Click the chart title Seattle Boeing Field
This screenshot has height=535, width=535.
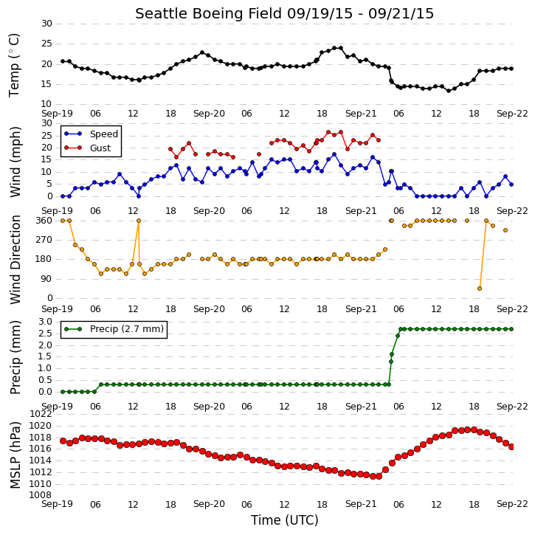coord(209,13)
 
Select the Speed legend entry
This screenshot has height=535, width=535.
coord(92,134)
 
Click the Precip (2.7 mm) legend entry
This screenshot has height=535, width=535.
coord(114,329)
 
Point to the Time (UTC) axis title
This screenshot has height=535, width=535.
coord(285,520)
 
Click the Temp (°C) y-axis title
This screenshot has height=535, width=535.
coord(14,65)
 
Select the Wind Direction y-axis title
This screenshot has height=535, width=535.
coord(15,259)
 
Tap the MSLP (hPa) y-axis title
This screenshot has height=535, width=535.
coord(15,455)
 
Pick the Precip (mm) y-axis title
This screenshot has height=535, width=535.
coord(15,357)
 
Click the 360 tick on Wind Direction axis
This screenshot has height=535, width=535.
coord(44,221)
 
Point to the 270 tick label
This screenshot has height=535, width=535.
coord(44,240)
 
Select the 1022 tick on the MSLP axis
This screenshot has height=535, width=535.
coord(41,414)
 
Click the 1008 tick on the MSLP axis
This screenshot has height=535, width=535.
coord(41,494)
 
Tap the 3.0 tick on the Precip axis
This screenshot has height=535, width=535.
coord(45,322)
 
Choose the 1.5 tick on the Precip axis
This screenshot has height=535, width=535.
coord(45,357)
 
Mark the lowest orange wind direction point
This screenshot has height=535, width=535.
coord(480,289)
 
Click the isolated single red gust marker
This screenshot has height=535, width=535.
coord(259,154)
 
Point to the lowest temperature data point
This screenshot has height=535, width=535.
coord(449,91)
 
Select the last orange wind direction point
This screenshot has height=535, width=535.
coord(505,230)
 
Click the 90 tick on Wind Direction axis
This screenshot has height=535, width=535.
coord(47,279)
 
